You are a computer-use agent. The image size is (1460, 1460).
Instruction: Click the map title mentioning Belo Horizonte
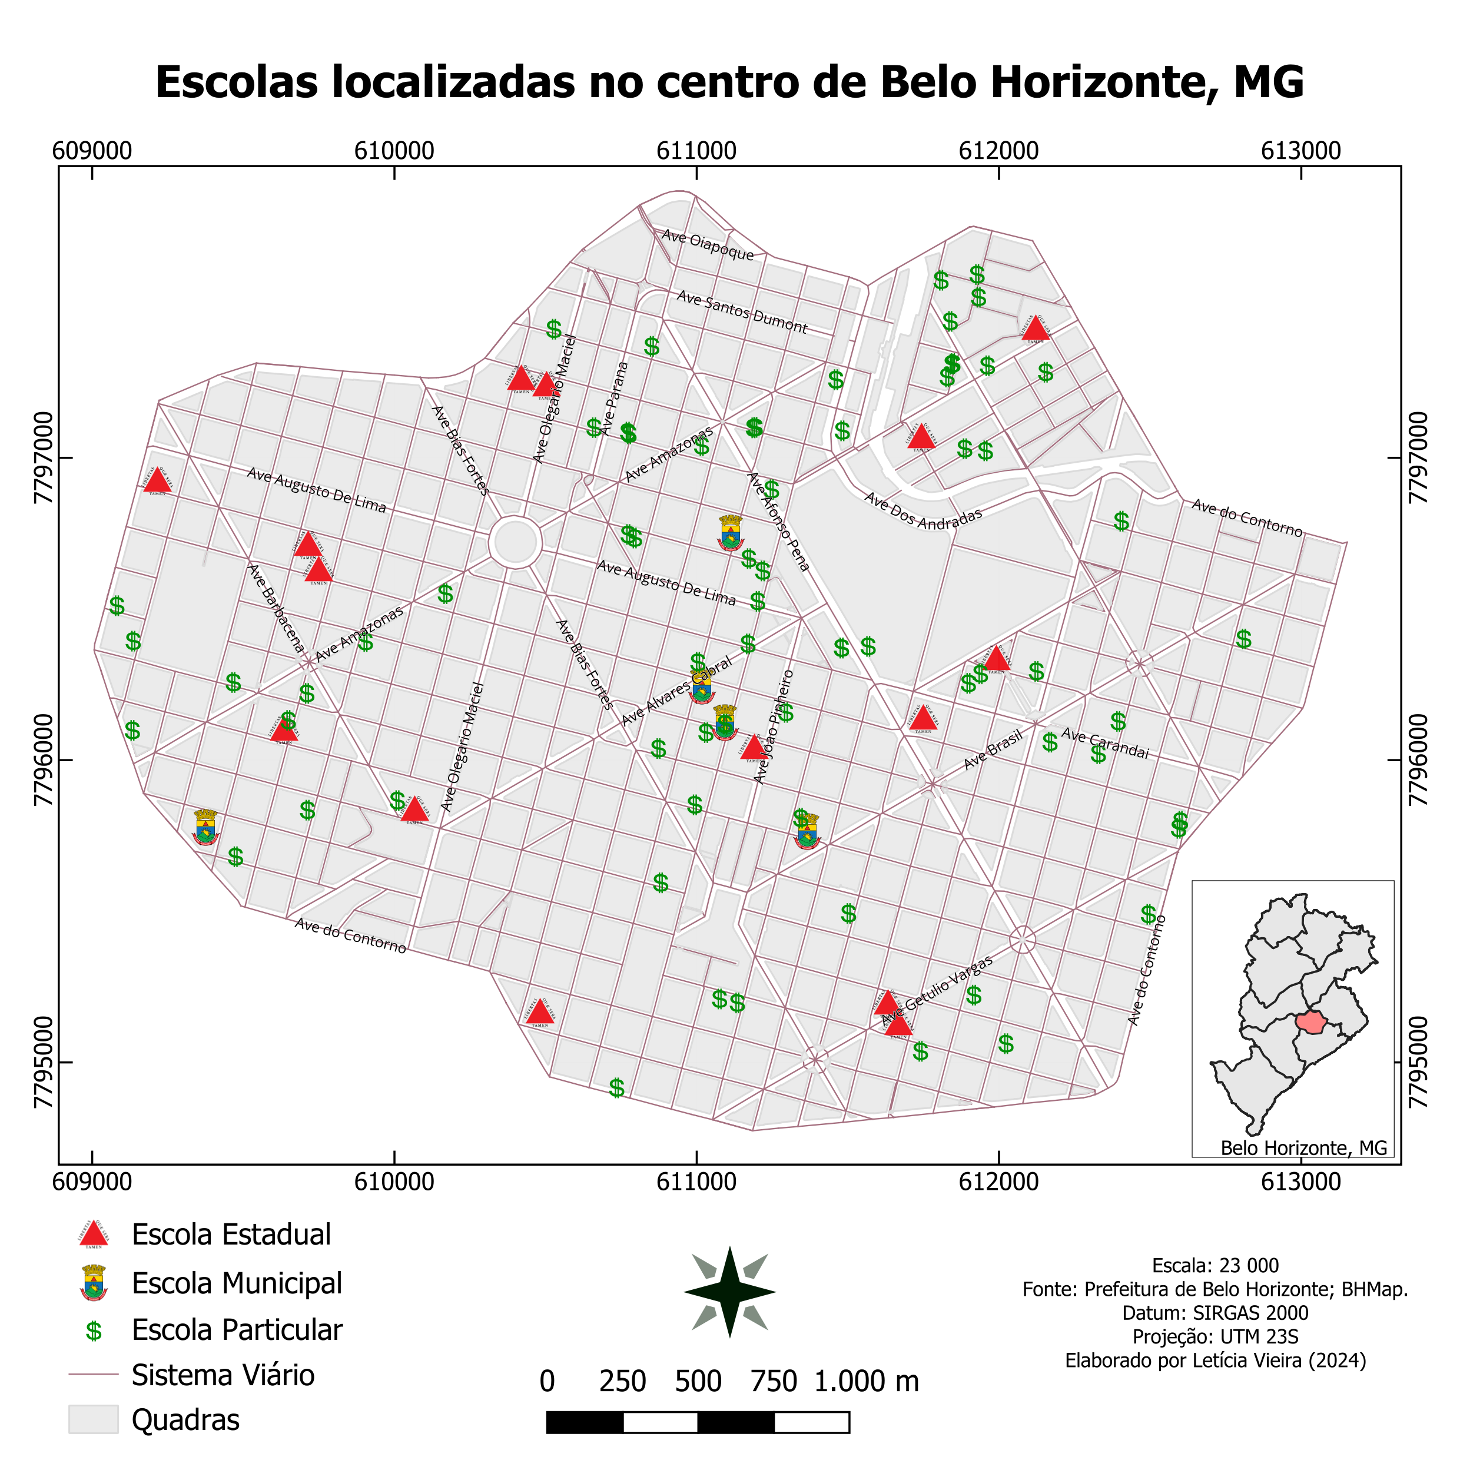[729, 82]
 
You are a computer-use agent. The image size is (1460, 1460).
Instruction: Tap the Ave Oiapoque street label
[707, 245]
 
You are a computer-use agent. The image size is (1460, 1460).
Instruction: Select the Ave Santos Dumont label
[741, 312]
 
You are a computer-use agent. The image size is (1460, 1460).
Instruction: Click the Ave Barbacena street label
[276, 608]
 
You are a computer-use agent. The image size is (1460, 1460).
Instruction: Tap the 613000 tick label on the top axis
[1300, 150]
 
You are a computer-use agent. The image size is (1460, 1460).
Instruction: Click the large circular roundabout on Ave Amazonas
[515, 542]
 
